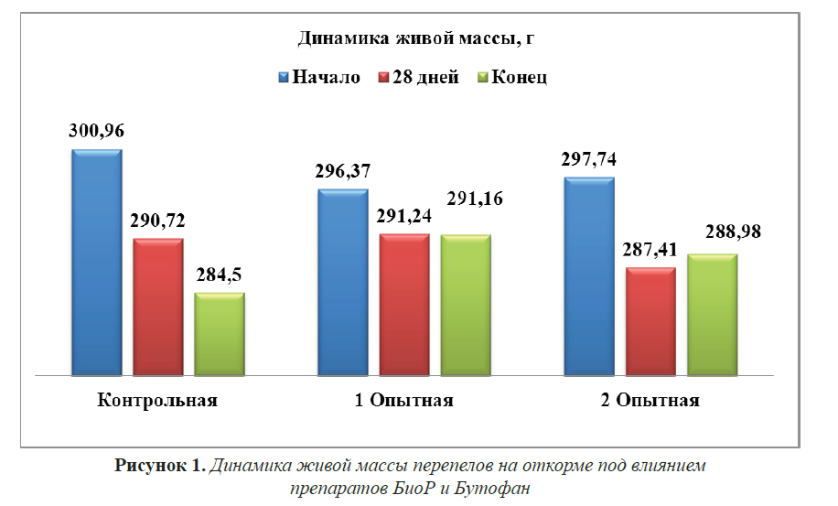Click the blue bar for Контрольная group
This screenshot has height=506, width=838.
pos(96,262)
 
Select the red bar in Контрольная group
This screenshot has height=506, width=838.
pos(158,307)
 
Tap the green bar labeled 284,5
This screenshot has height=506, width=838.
pos(220,334)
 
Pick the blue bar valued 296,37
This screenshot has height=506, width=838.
pos(342,282)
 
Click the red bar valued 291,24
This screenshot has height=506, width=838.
pos(403,305)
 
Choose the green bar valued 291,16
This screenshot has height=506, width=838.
pos(466,305)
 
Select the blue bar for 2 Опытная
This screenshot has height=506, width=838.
pos(588,275)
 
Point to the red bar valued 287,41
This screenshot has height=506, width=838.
pos(650,321)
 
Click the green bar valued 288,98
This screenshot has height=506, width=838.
pos(712,314)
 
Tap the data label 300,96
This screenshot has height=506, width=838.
pos(96,131)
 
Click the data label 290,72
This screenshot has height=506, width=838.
pos(157,221)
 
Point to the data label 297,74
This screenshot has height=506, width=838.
pos(589,159)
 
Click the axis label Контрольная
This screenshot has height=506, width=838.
pos(157,401)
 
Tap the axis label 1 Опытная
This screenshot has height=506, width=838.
pos(403,401)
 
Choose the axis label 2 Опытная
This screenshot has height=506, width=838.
pos(650,401)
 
